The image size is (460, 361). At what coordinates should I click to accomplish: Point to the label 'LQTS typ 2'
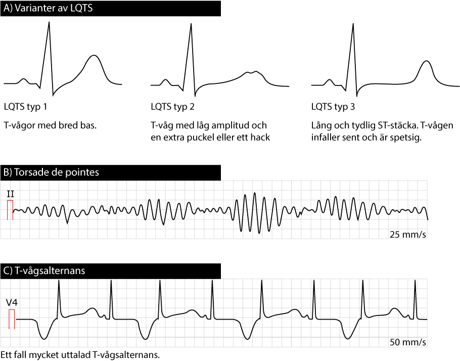coord(173,107)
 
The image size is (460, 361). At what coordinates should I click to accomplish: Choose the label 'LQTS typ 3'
coord(334,107)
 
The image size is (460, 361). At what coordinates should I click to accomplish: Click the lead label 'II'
coord(10,194)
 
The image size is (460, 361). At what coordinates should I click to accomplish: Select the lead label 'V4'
coord(11,302)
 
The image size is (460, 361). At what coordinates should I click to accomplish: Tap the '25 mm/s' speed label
coord(407,234)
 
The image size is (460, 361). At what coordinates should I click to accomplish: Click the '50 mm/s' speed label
coord(407,342)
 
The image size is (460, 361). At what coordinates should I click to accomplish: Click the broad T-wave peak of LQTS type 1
coord(94,56)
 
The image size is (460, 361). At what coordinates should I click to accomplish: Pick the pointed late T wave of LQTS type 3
coord(427,62)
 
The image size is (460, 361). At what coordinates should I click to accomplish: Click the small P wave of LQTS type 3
coord(329,80)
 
